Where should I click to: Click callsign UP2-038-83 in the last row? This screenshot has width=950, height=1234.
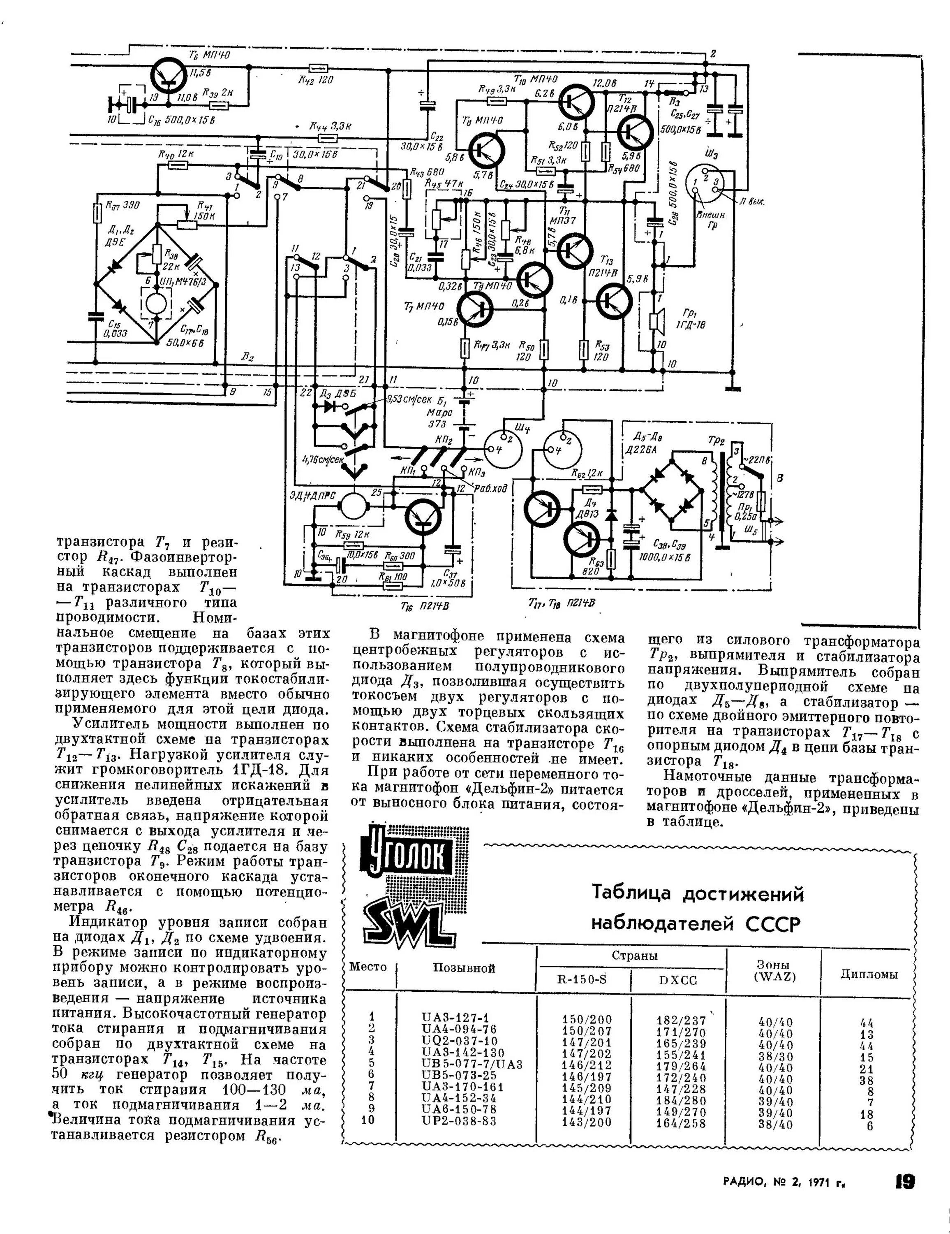click(459, 1121)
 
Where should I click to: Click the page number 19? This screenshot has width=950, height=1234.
click(904, 1181)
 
